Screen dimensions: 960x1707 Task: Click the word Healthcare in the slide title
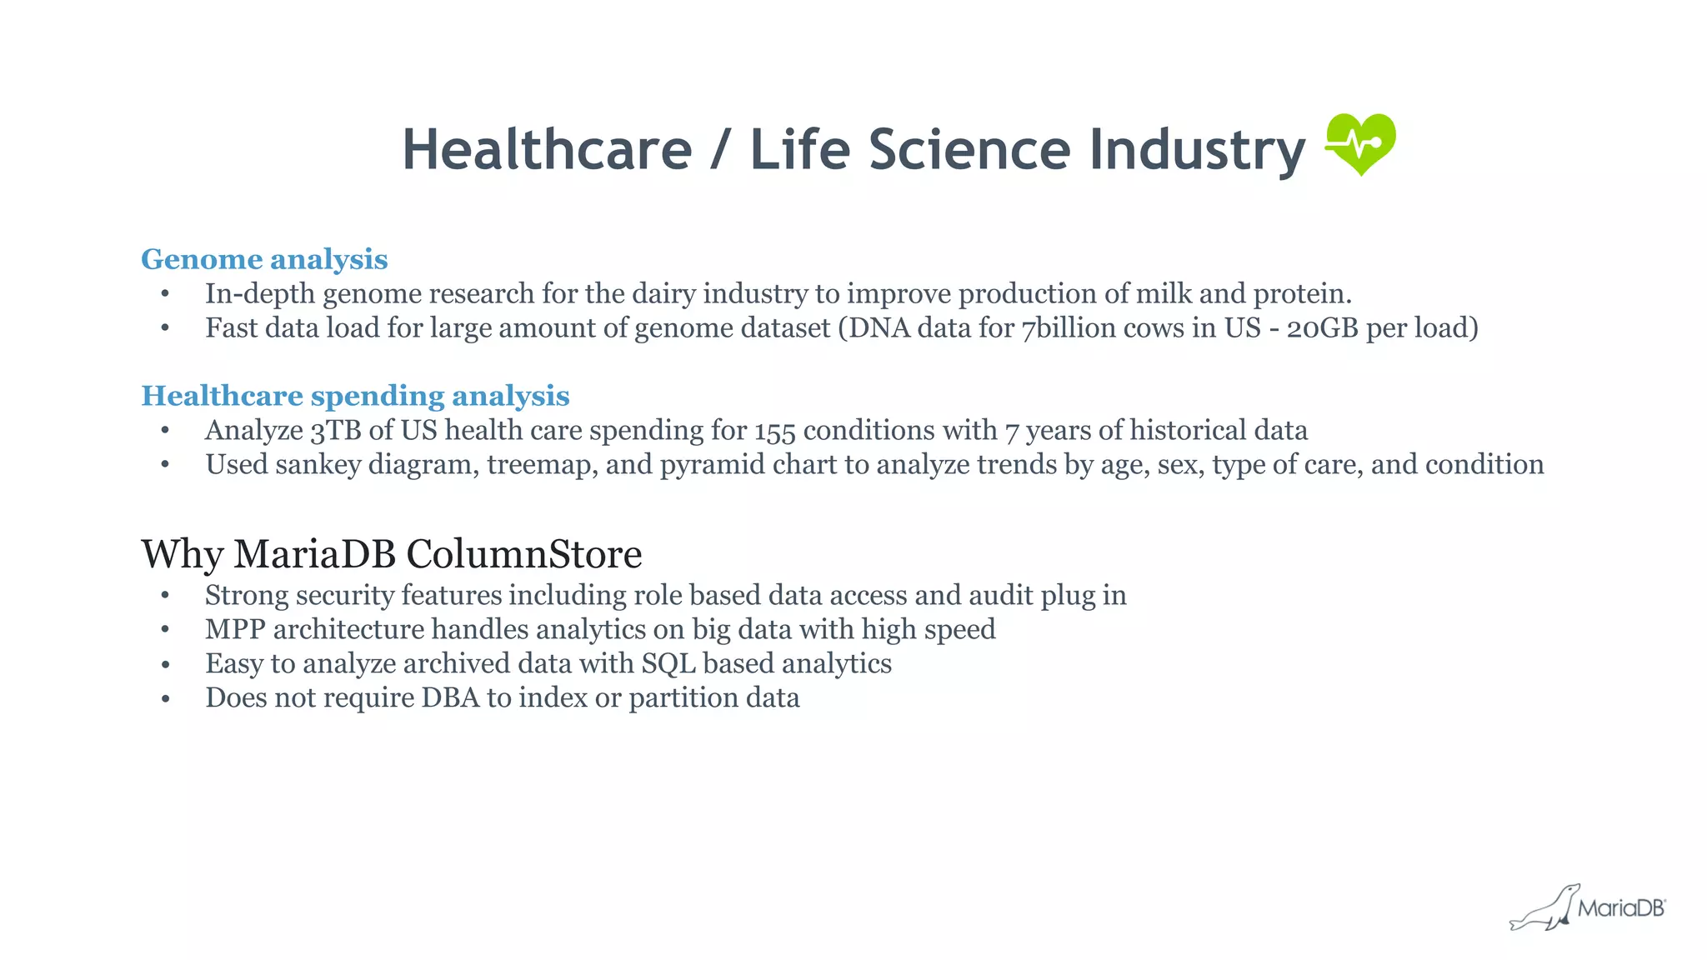click(547, 150)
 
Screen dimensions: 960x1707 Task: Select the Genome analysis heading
click(264, 259)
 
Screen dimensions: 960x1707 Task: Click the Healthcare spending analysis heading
click(355, 396)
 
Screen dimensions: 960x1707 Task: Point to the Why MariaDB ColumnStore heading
click(391, 554)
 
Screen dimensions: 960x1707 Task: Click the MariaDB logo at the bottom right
click(1589, 907)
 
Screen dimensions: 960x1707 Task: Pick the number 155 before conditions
click(775, 431)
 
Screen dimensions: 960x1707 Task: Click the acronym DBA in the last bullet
click(450, 697)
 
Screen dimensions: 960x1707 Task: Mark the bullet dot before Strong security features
click(166, 596)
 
